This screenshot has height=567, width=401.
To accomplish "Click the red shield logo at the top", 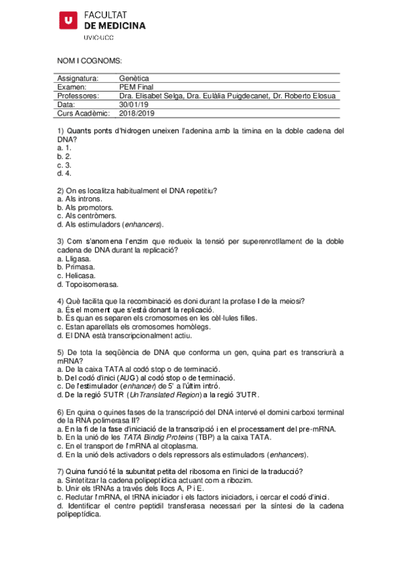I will tap(68, 21).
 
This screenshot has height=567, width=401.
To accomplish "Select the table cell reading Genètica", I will tap(134, 78).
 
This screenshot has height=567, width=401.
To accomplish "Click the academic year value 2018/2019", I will tap(137, 113).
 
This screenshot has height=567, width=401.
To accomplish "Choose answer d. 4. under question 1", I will tap(64, 173).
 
